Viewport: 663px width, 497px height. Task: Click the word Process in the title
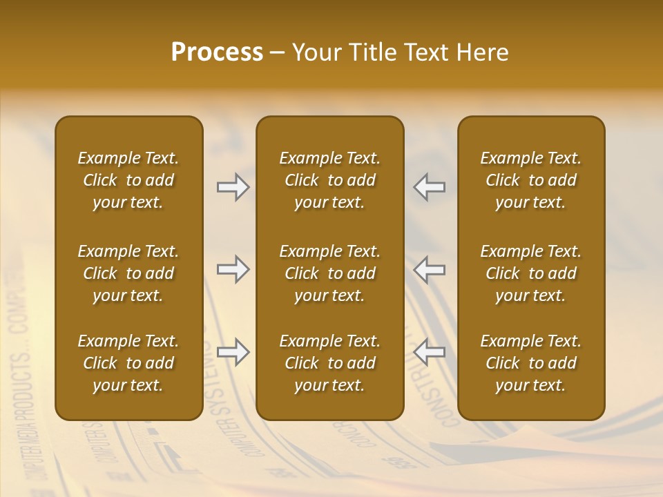tap(217, 52)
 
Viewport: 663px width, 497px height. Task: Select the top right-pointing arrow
tap(233, 187)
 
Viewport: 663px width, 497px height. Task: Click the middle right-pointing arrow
tap(233, 269)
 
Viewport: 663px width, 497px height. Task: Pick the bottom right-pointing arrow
tap(233, 352)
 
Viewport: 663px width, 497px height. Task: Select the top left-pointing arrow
tap(430, 187)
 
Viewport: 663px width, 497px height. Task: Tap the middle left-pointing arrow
tap(430, 269)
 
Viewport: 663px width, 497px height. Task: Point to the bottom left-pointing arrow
tap(430, 352)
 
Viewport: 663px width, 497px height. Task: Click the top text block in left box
tap(128, 180)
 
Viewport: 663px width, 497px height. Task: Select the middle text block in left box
tap(128, 273)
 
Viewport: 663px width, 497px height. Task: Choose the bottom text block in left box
tap(128, 363)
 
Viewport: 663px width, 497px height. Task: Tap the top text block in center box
tap(329, 180)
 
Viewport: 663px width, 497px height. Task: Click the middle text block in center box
tap(329, 273)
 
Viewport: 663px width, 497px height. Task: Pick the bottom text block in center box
tap(329, 363)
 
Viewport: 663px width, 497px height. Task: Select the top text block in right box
tap(530, 180)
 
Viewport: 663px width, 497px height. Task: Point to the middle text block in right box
tap(530, 273)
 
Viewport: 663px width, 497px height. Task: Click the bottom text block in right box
tap(530, 363)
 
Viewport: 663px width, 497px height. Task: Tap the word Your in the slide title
tap(315, 52)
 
